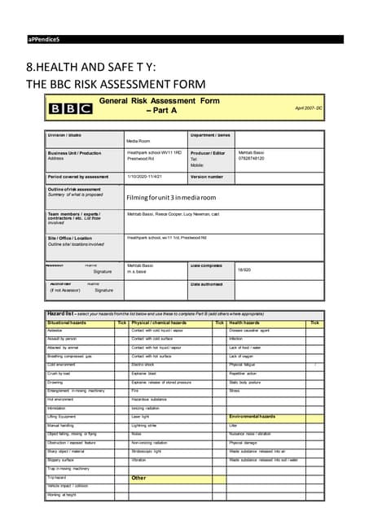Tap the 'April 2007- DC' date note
[x=308, y=107]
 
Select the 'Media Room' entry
[x=138, y=141]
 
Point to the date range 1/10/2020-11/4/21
[x=145, y=176]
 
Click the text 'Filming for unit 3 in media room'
[x=171, y=197]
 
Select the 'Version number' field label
[x=207, y=176]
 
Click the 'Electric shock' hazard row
[x=144, y=366]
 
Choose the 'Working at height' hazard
[x=62, y=495]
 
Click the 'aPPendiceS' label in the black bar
[x=44, y=39]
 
